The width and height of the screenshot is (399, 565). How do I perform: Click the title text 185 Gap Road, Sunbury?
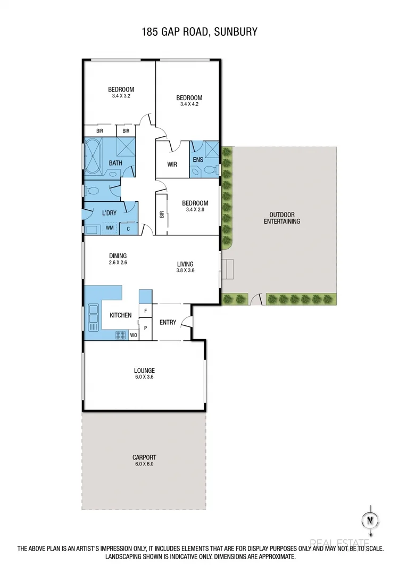199,32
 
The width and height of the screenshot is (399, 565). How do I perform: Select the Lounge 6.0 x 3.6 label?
144,373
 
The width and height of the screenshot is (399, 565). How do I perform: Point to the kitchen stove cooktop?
121,335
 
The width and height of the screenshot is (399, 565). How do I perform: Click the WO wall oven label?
133,335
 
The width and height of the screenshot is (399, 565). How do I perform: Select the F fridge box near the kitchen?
145,310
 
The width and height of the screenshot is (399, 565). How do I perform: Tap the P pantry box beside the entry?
145,328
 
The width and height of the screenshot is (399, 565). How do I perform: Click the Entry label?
168,322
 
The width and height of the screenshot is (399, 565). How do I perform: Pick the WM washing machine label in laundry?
110,228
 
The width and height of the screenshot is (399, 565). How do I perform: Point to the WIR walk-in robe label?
172,164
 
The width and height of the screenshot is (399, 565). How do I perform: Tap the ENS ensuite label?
197,159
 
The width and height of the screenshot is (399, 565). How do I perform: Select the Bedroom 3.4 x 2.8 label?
195,206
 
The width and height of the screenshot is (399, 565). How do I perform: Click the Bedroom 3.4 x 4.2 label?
189,101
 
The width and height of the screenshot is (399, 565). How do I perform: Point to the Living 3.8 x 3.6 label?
185,267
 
